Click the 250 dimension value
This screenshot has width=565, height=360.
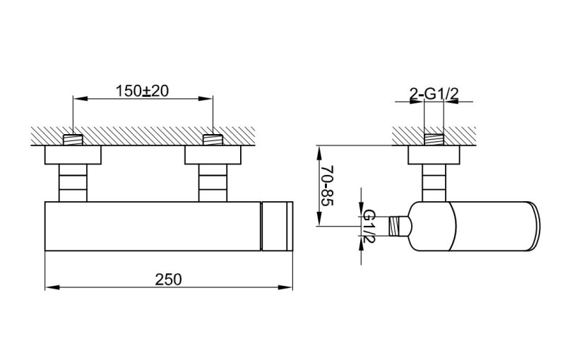(x=169, y=279)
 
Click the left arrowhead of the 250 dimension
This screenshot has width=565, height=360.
(x=49, y=287)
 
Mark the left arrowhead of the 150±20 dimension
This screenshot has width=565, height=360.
(x=76, y=100)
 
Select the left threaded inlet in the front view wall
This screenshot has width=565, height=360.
(x=73, y=139)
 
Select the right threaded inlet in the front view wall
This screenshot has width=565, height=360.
(x=213, y=139)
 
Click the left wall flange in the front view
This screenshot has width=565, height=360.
(x=73, y=155)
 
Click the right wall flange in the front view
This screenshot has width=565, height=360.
(x=213, y=155)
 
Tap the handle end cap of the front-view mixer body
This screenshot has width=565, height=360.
(x=278, y=225)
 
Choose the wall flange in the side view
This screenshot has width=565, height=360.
(x=434, y=155)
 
